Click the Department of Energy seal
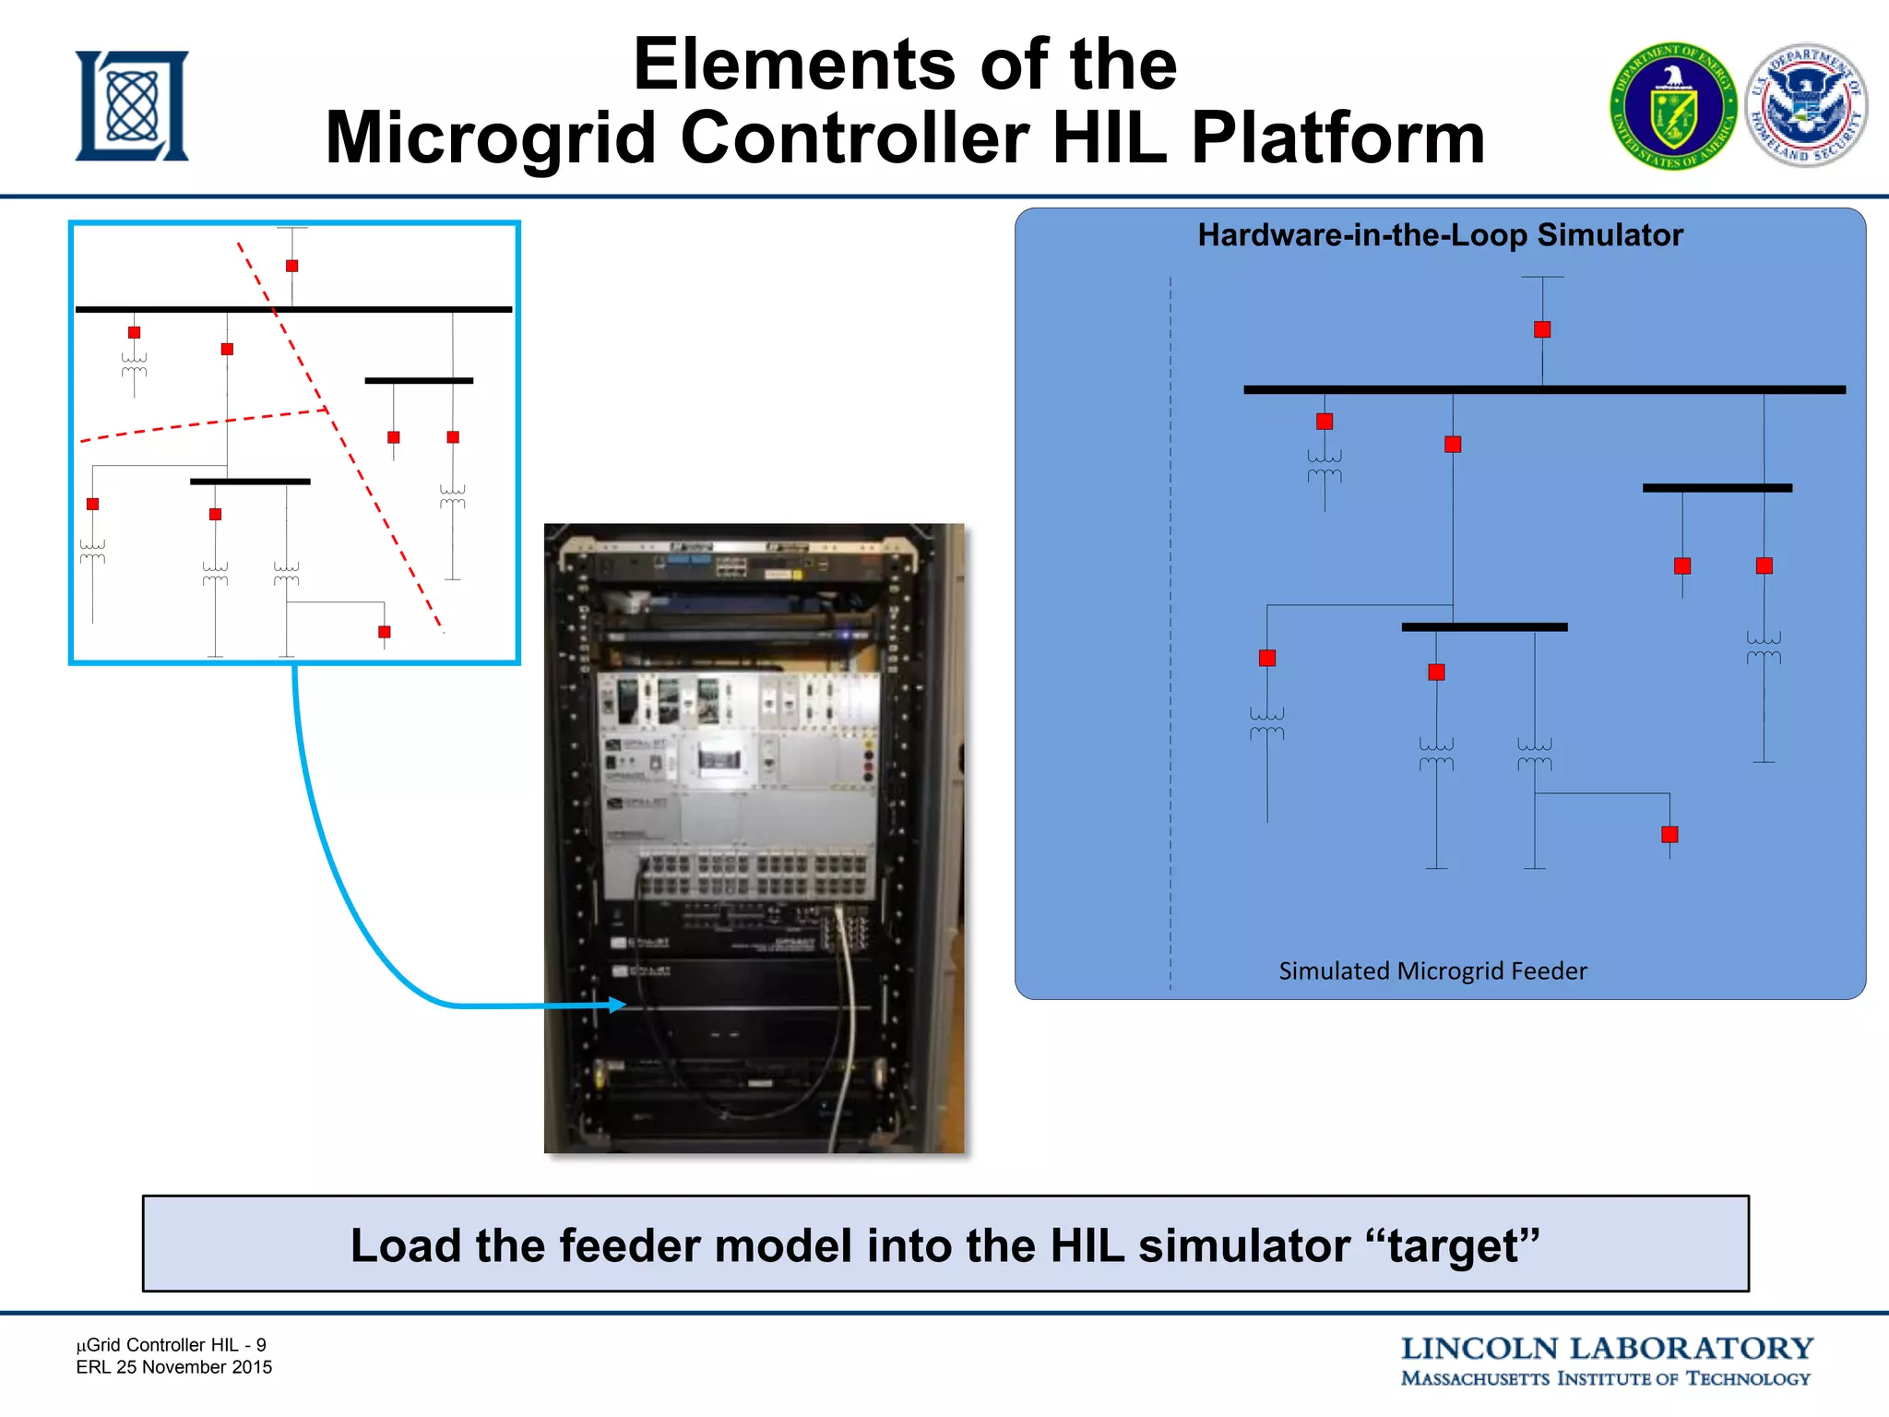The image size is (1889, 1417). pos(1673,106)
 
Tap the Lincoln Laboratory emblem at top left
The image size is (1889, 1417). pos(132,106)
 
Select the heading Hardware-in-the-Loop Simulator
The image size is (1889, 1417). pos(1440,235)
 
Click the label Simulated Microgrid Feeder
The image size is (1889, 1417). pos(1432,970)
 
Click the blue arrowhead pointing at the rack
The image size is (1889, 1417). pos(617,1005)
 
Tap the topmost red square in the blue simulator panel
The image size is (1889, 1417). pos(1542,329)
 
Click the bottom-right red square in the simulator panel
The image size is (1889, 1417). pos(1669,834)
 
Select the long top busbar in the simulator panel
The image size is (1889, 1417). pos(1544,390)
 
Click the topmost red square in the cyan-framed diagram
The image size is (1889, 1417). pos(291,266)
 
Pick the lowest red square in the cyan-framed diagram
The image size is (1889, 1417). pos(384,632)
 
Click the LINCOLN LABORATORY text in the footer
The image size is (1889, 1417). pos(1607,1349)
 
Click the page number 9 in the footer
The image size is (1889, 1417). pos(261,1345)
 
